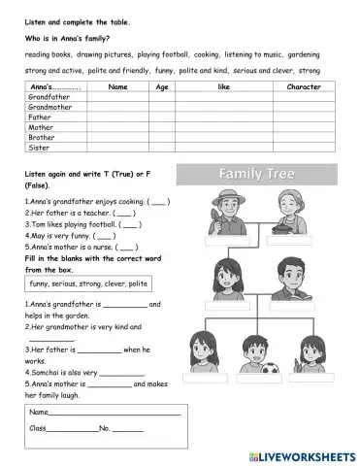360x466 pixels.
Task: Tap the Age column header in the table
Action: [x=162, y=87]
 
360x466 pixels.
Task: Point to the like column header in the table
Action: [x=224, y=87]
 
